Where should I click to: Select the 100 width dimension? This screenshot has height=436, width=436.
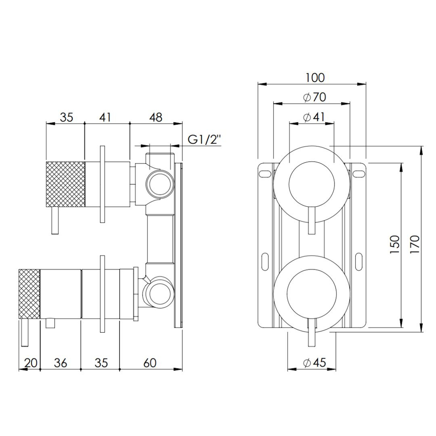tap(315, 78)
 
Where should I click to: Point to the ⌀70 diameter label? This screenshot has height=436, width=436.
tap(314, 97)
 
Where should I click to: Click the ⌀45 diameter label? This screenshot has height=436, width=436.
tap(314, 363)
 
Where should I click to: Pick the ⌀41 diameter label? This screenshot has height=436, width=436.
tap(314, 117)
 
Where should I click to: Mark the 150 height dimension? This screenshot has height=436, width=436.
tap(395, 245)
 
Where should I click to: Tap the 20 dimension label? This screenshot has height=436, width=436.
tap(31, 363)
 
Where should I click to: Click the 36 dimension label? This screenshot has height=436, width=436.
tap(60, 363)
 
